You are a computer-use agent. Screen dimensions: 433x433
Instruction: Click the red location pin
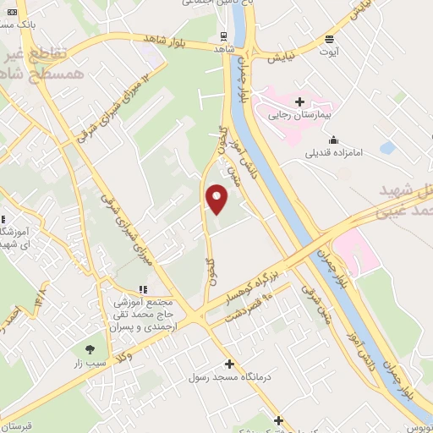[217, 199]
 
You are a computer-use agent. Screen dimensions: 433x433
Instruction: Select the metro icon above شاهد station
[224, 36]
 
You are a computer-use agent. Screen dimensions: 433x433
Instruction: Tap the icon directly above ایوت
[329, 39]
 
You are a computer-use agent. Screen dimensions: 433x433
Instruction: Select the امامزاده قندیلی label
[334, 154]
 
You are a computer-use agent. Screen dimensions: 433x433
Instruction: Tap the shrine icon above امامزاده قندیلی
[334, 140]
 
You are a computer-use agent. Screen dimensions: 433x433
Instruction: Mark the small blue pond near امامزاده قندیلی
[387, 148]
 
